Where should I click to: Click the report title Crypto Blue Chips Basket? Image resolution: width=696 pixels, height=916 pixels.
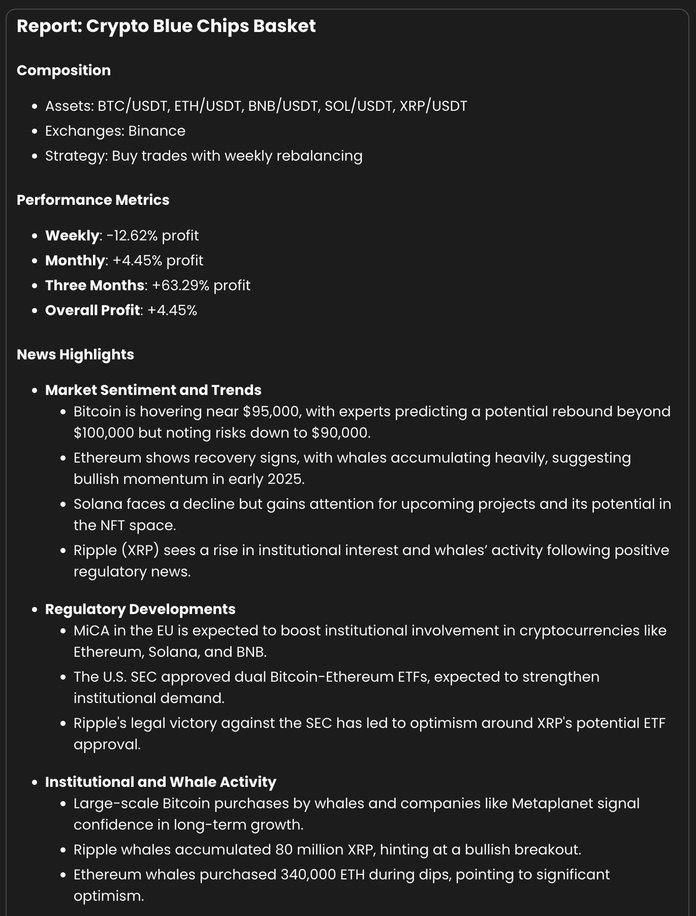(x=166, y=26)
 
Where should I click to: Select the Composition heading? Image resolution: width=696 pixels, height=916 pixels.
(x=64, y=70)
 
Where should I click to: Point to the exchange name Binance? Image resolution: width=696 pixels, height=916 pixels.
(x=156, y=131)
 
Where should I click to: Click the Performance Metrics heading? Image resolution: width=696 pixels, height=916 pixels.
(x=93, y=200)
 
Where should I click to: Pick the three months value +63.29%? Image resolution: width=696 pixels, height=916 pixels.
(x=180, y=285)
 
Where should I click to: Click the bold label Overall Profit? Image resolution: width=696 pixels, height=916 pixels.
(x=92, y=310)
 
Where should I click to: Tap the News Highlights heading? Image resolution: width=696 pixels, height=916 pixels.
(x=75, y=354)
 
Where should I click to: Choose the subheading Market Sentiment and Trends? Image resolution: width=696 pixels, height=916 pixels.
(x=153, y=390)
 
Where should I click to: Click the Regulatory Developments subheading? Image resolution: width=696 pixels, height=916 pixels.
(x=140, y=609)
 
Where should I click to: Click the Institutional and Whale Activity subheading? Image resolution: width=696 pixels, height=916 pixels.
(x=161, y=782)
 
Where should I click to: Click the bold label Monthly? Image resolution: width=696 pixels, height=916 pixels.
(x=75, y=260)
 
